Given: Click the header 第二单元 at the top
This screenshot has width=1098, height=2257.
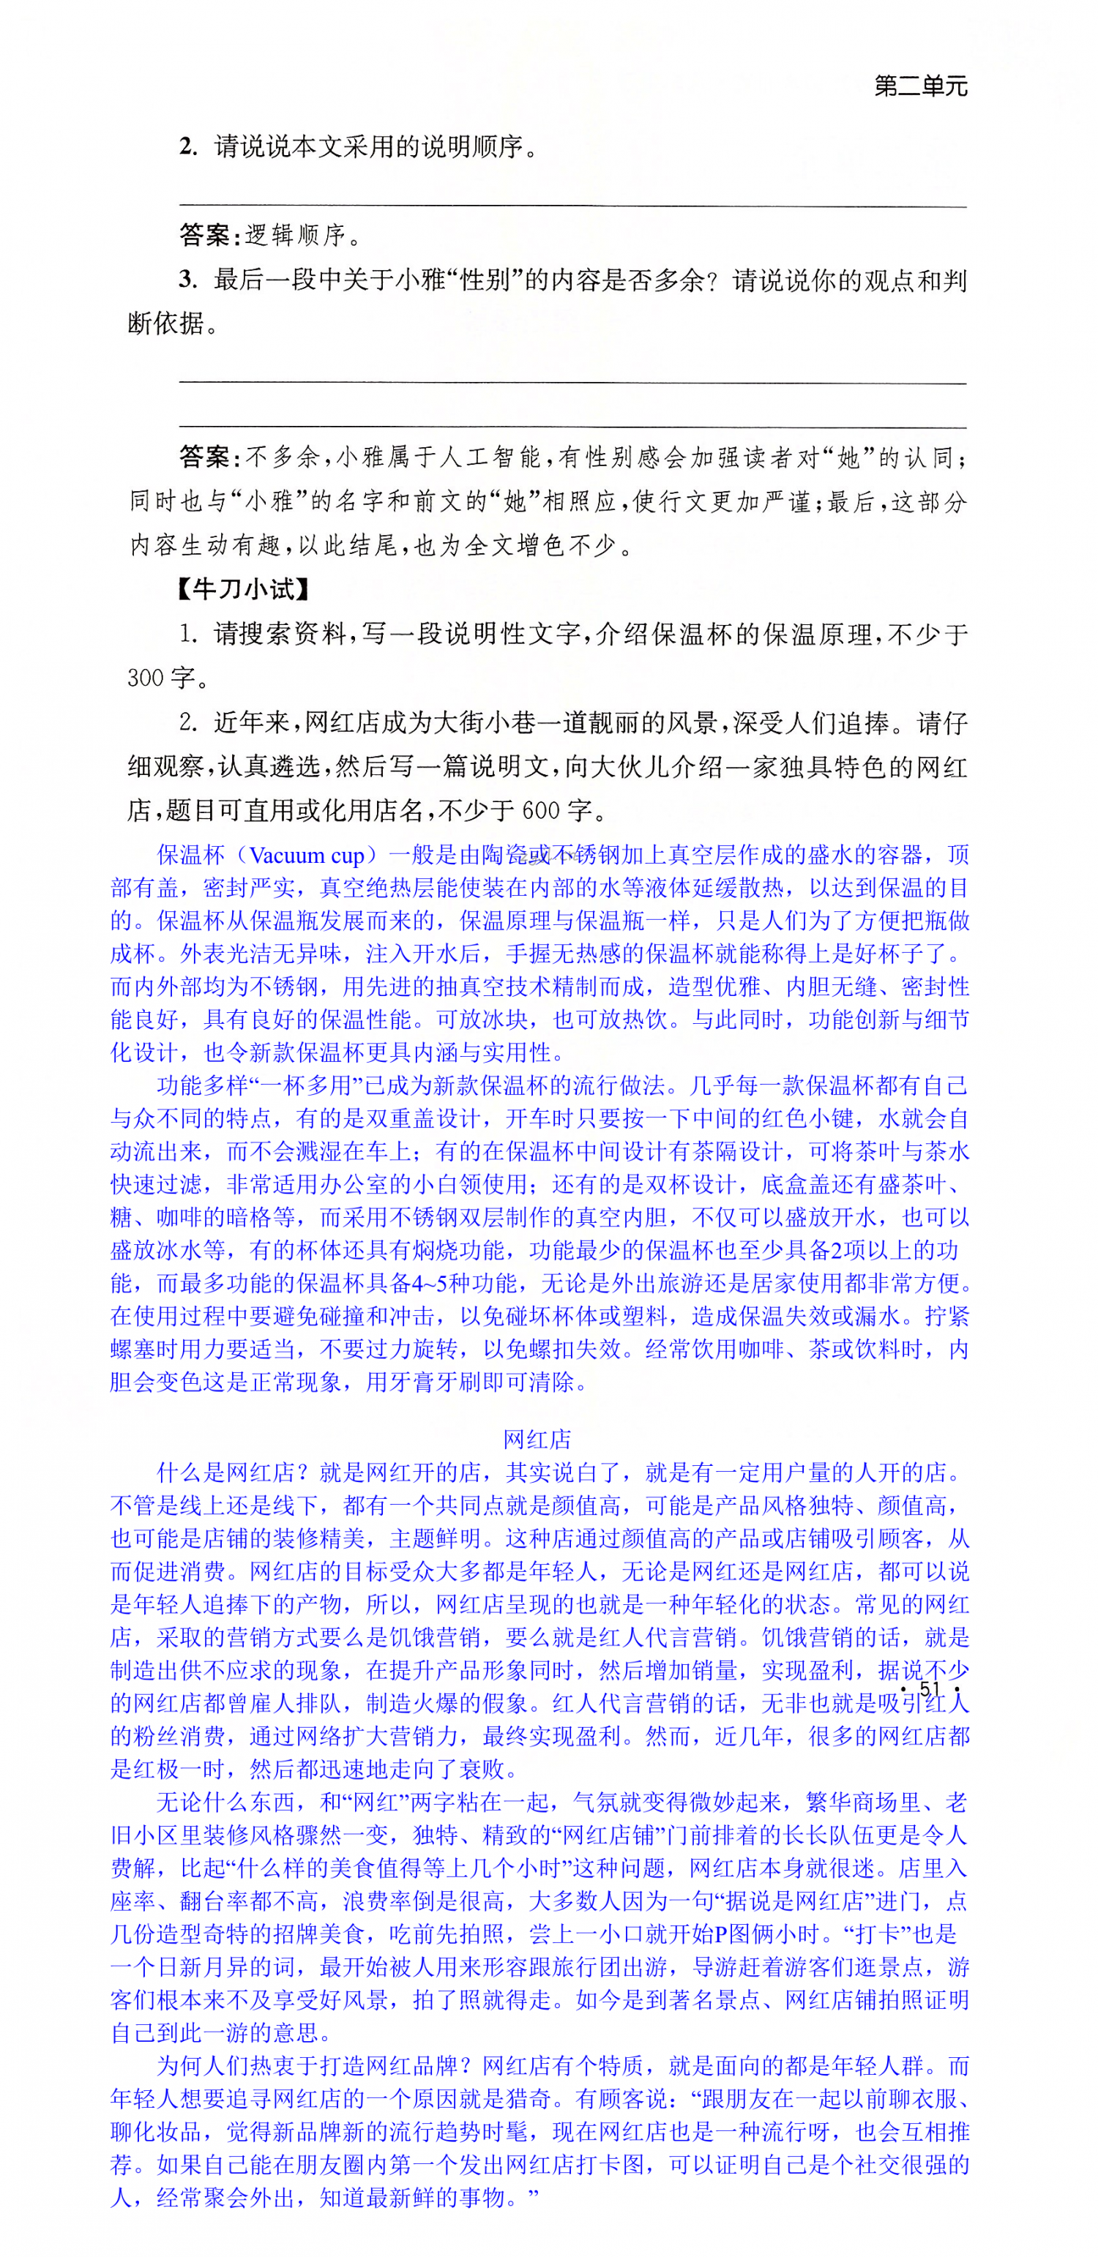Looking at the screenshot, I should click(x=920, y=86).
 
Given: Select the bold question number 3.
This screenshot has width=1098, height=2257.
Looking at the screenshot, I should click(x=187, y=280).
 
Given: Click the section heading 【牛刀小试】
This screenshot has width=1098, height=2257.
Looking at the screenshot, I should click(x=243, y=589).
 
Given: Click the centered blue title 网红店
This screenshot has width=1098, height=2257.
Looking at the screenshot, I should click(x=537, y=1440).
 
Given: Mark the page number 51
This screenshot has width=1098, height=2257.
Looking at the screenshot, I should click(x=930, y=1688).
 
